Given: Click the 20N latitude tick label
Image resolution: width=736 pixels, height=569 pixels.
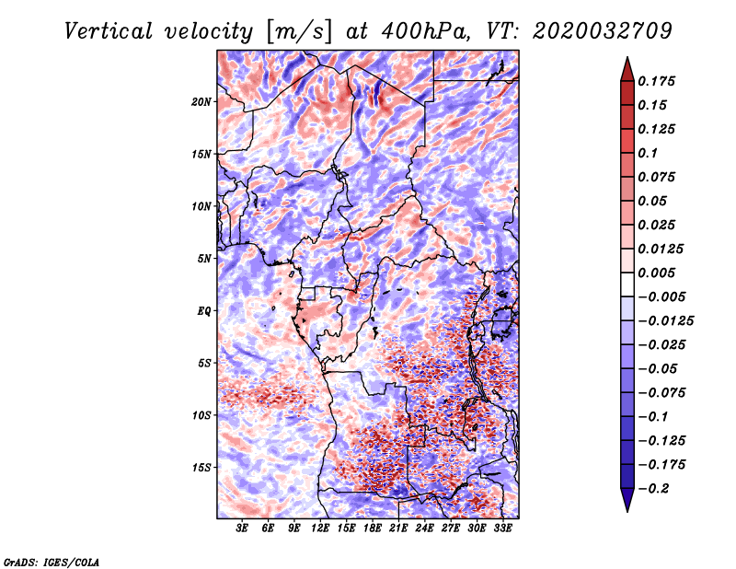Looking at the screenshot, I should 202,101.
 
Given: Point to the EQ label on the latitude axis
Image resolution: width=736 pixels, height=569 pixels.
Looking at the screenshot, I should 204,310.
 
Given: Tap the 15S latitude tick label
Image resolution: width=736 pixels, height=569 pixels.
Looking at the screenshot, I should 202,468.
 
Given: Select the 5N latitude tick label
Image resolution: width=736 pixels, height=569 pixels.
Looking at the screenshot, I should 204,258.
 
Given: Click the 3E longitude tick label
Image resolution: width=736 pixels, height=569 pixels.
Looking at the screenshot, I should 243,528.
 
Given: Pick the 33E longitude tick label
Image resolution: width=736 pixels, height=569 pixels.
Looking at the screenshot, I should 503,528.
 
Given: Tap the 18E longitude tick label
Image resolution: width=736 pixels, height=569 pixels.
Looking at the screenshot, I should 373,528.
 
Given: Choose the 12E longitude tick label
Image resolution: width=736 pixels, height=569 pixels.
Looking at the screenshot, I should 321,528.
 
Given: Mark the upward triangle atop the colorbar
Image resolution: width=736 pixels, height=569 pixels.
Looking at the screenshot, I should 627,66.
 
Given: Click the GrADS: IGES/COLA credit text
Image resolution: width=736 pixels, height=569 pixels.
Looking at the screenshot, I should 51,561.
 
